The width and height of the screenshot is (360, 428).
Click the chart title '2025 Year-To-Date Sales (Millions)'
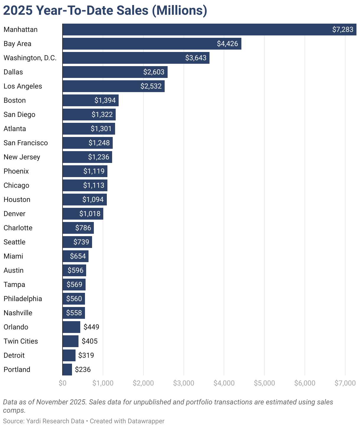[105, 11]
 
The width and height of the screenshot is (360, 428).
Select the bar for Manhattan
[195, 30]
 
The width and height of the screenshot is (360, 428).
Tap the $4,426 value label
[227, 44]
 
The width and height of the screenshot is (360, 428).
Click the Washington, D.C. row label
[30, 58]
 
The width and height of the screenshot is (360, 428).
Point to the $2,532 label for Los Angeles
[151, 86]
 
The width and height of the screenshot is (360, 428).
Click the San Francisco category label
[26, 143]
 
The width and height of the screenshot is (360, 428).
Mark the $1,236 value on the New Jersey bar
[99, 157]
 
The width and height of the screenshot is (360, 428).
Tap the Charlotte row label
[18, 228]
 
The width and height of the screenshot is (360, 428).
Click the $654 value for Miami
[78, 256]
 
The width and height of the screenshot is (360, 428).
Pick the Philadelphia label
[23, 299]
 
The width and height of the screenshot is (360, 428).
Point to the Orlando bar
[71, 327]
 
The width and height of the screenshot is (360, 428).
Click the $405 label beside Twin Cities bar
[90, 341]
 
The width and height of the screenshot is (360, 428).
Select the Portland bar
[67, 370]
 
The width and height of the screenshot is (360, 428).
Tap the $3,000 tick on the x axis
[184, 383]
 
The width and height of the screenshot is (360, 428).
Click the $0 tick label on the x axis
[63, 383]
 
